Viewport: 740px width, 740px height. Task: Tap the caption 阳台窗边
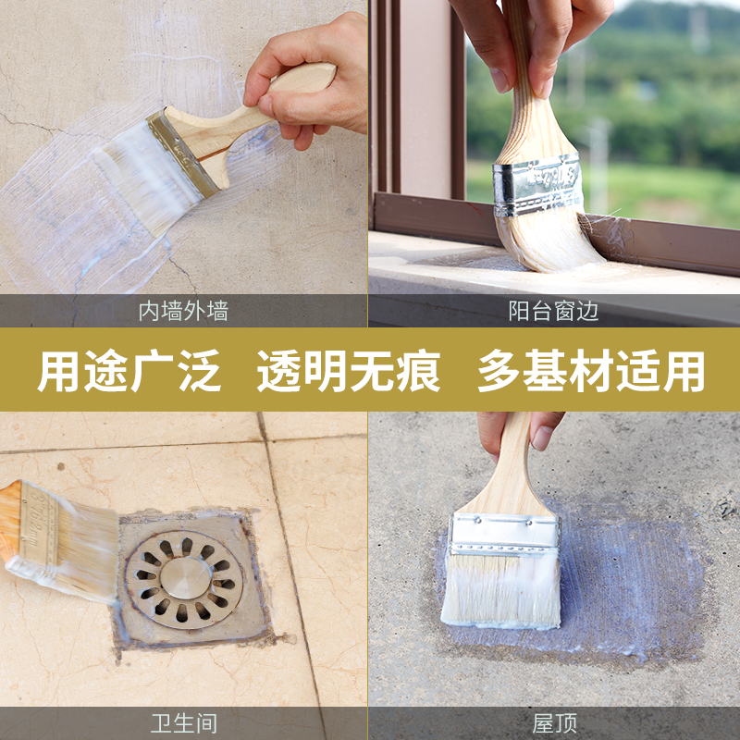553,311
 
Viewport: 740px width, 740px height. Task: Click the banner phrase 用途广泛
129,370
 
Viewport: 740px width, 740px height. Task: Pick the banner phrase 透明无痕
349,370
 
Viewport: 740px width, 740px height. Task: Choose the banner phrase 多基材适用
591,370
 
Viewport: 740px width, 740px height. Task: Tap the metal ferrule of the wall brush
181,152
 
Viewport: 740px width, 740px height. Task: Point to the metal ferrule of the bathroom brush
38,528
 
